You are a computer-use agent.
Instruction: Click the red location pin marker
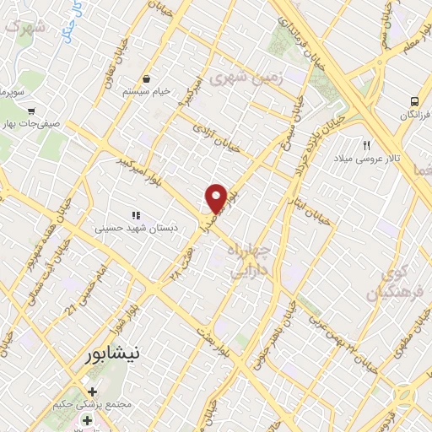tap(216, 197)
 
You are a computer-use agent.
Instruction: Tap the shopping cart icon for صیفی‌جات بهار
tap(31, 111)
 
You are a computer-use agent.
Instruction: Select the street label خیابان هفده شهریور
tap(34, 253)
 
